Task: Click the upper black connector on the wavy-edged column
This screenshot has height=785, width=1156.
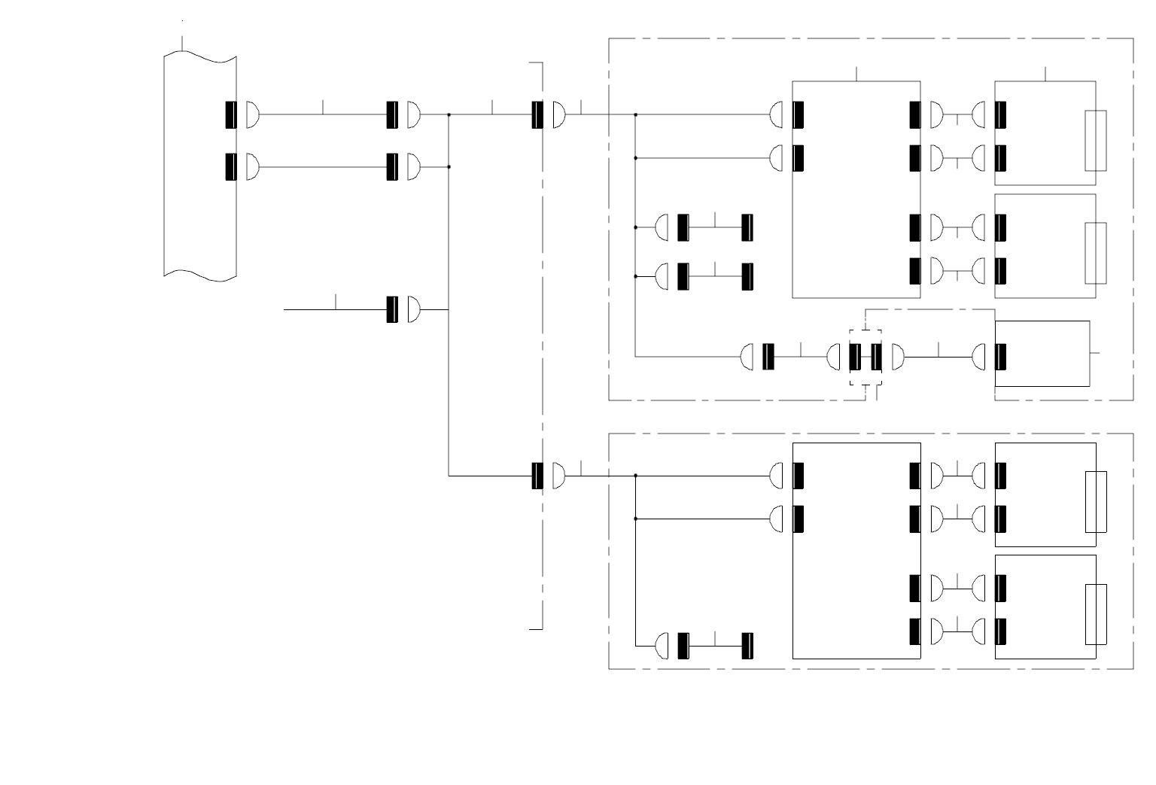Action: [231, 114]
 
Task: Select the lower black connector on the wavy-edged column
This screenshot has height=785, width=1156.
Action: [231, 166]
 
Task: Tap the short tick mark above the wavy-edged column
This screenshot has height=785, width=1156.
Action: [183, 43]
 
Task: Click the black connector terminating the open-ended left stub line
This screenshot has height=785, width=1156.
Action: [391, 309]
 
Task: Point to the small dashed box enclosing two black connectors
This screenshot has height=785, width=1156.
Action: [865, 357]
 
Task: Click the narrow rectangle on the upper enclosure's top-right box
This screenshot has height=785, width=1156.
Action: [1095, 141]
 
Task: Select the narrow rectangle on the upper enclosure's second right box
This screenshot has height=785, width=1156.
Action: [1095, 253]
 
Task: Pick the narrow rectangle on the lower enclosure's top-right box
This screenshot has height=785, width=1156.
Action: [1096, 502]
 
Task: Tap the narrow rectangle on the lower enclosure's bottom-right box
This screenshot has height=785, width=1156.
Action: [1096, 614]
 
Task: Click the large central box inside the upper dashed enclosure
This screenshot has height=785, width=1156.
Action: [856, 190]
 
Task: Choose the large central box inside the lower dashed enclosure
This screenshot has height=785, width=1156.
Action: [856, 551]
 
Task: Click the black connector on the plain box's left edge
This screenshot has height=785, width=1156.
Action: [1000, 357]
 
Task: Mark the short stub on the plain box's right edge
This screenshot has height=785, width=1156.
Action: [1094, 352]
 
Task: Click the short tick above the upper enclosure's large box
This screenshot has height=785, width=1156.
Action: [857, 73]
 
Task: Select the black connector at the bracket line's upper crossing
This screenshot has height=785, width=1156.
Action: [537, 114]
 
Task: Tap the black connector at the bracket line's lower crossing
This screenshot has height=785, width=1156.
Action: [537, 476]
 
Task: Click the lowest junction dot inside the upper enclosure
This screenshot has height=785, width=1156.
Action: [636, 276]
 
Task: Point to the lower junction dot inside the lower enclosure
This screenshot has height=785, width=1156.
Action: [636, 519]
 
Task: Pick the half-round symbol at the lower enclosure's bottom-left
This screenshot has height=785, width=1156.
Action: [662, 646]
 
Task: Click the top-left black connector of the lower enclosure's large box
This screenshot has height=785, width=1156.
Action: [799, 476]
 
